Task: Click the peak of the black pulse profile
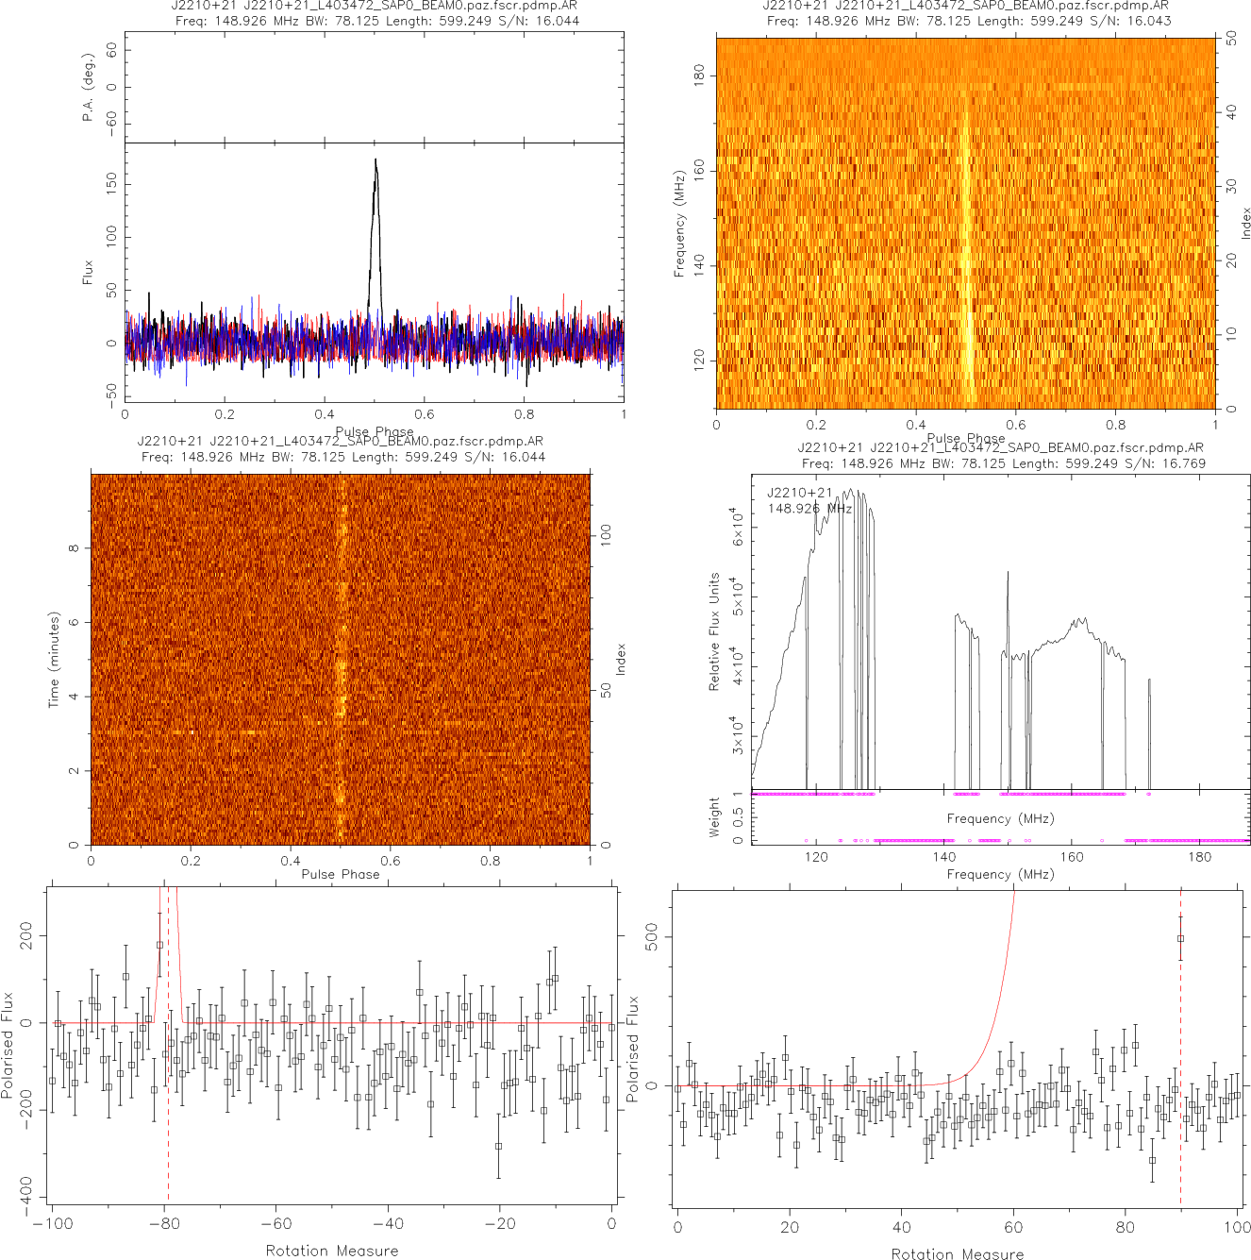(375, 160)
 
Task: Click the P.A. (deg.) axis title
(89, 88)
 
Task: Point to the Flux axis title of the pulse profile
(89, 272)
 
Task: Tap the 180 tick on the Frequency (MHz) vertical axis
(699, 76)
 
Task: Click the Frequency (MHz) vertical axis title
(679, 224)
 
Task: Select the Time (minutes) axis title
(54, 660)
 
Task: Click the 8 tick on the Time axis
(74, 548)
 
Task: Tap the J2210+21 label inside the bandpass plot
(800, 493)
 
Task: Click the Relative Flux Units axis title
(714, 631)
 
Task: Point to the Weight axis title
(714, 816)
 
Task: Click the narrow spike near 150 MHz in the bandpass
(1008, 574)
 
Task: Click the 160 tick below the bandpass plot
(1072, 857)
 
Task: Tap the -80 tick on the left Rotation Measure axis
(164, 1224)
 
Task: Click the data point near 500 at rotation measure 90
(1180, 939)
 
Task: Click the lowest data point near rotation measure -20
(499, 1147)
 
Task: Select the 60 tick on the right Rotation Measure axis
(1013, 1227)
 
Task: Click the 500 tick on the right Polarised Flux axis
(652, 937)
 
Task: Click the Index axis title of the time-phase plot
(621, 659)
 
